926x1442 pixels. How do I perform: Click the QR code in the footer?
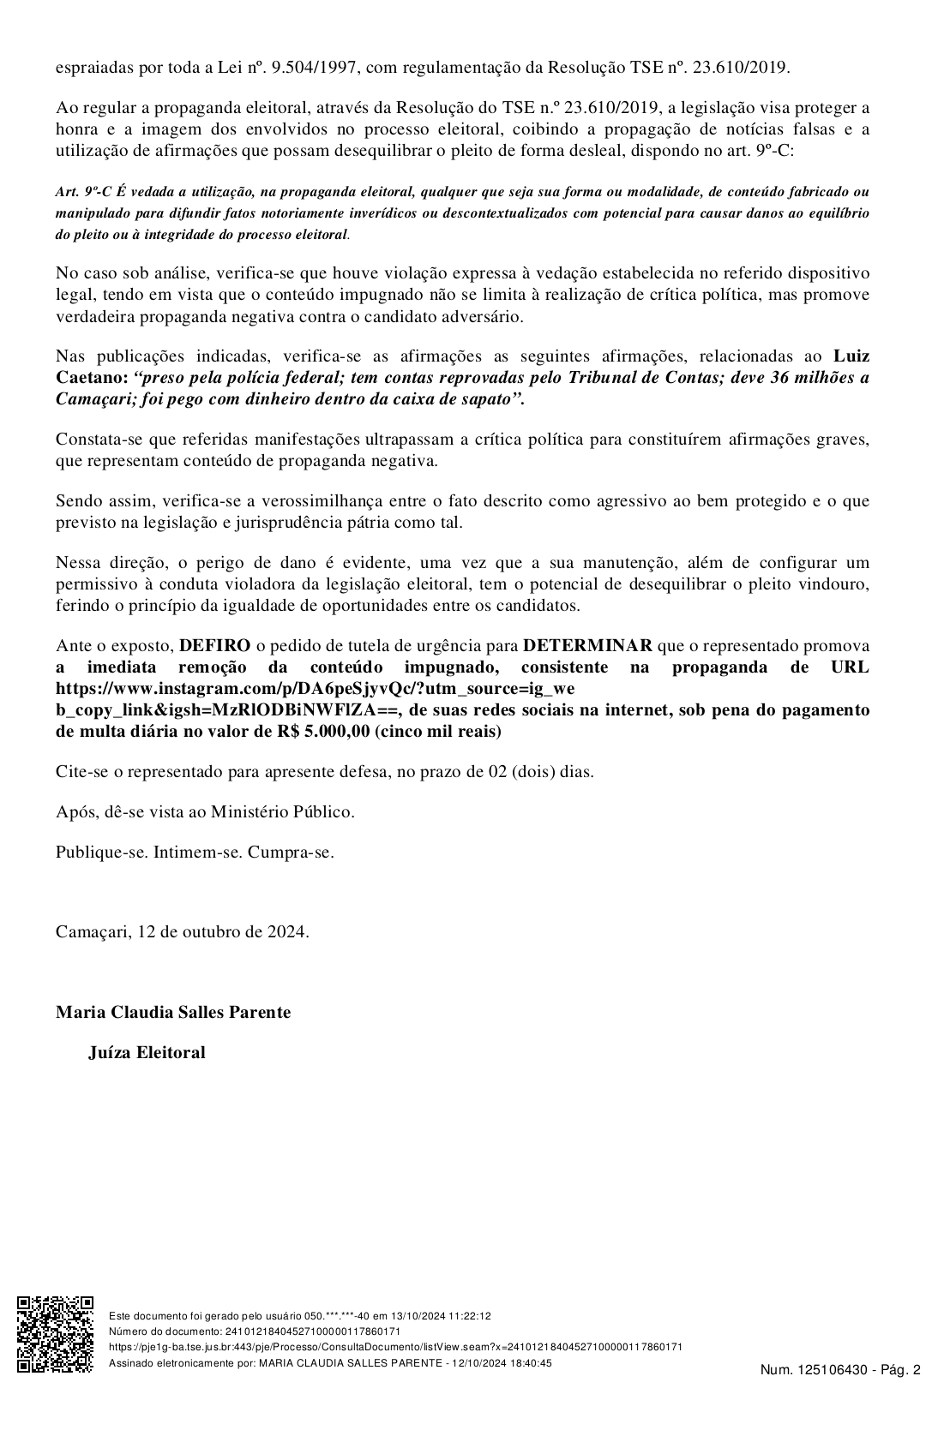tap(56, 1333)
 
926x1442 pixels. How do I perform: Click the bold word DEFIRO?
tap(214, 645)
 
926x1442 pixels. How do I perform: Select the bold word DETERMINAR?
tap(587, 645)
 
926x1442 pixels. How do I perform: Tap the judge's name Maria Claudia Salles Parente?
tap(173, 1012)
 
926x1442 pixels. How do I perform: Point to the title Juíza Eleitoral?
tap(147, 1052)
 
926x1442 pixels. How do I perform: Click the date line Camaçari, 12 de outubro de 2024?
tap(183, 931)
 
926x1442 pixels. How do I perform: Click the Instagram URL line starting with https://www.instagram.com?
tap(315, 688)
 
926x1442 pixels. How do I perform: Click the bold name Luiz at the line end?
tap(851, 356)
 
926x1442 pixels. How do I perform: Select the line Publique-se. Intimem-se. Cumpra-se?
tap(195, 852)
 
